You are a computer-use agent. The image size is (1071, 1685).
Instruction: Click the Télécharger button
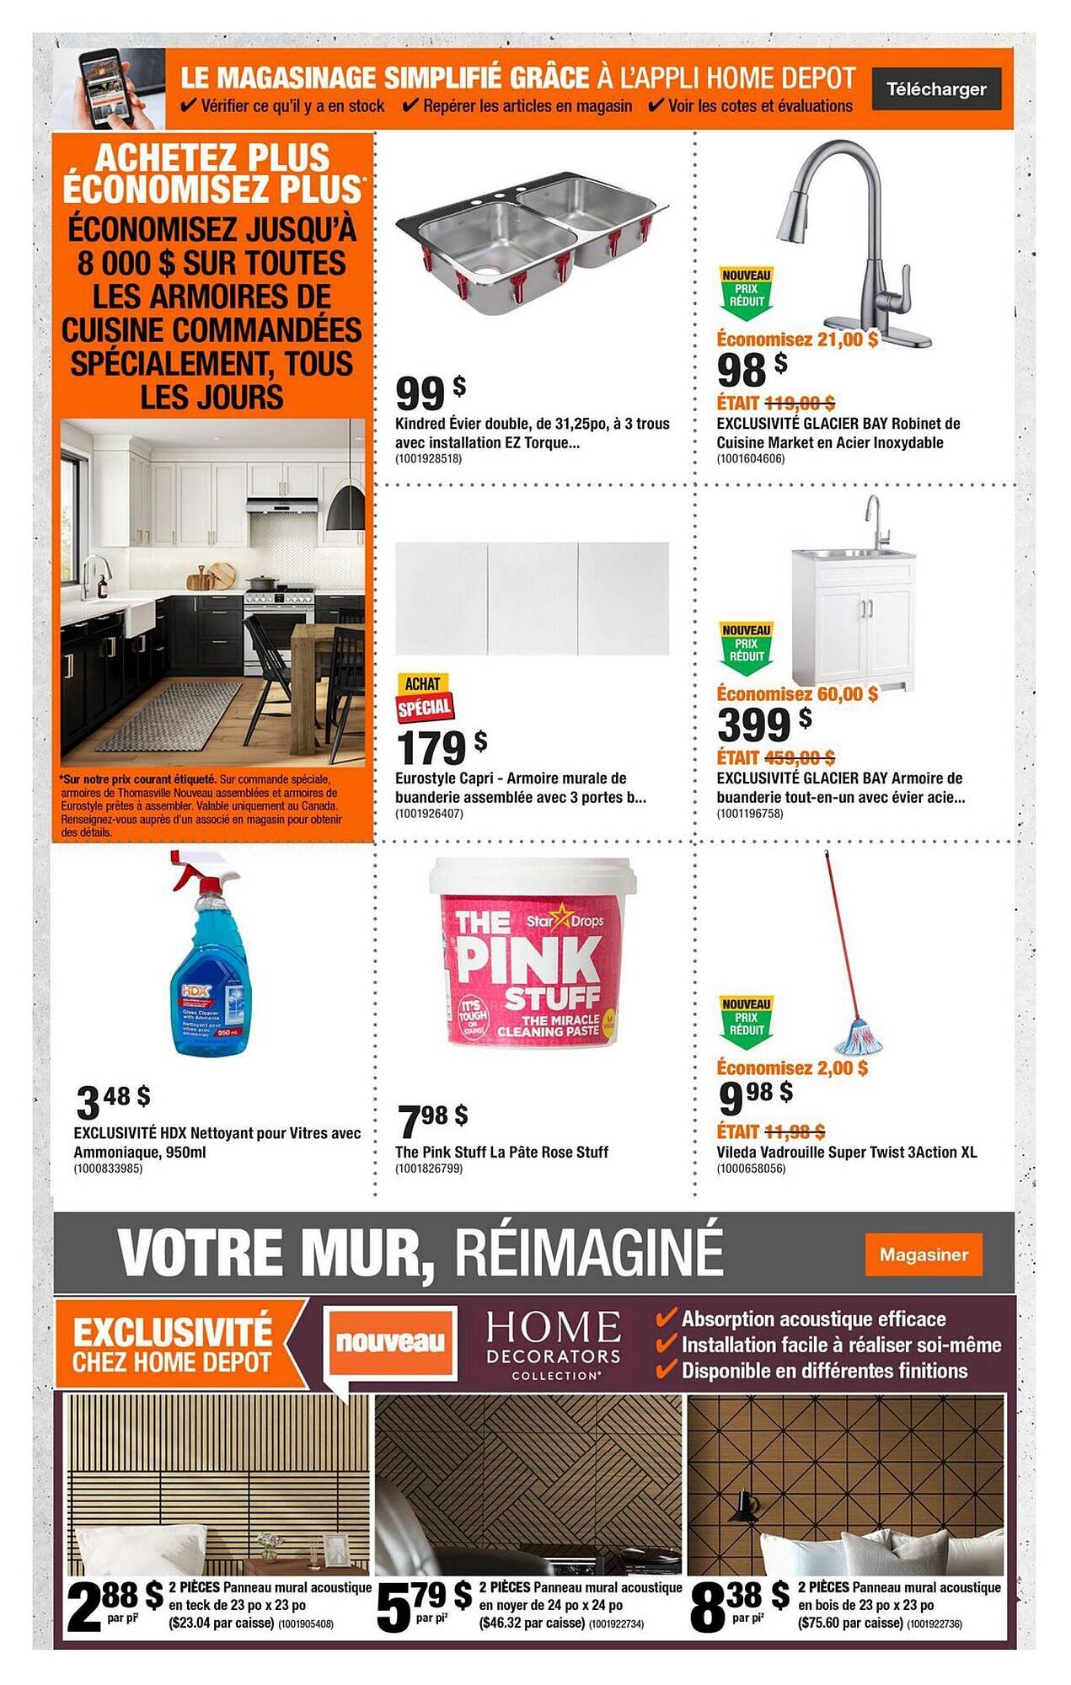(x=935, y=89)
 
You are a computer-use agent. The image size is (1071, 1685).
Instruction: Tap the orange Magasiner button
(x=924, y=1254)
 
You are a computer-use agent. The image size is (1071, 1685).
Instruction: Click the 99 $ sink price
(x=430, y=392)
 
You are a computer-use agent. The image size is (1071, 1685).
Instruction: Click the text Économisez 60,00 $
(x=797, y=693)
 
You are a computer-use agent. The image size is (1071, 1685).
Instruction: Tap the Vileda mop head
(x=858, y=1036)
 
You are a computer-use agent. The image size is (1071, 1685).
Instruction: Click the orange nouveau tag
(x=390, y=1342)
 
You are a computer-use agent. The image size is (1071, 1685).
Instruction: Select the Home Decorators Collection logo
(x=553, y=1344)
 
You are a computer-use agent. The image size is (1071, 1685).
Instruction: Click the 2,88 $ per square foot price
(x=115, y=1606)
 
